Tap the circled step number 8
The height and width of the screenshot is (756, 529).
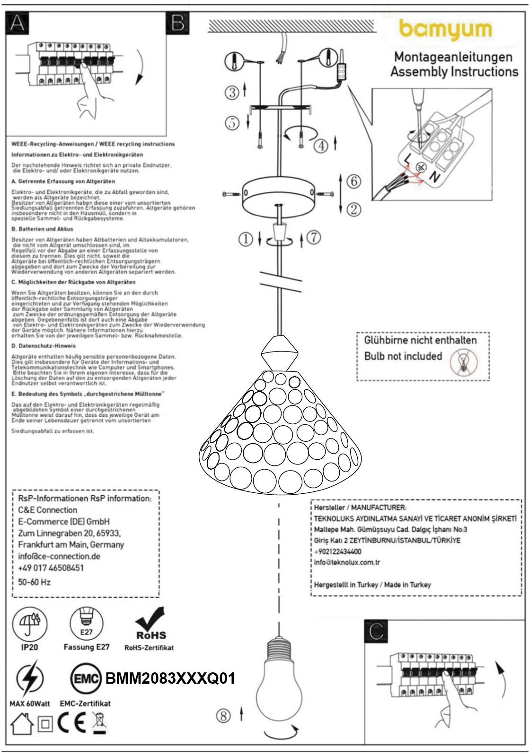pos(223,716)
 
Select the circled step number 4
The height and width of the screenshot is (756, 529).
pos(321,146)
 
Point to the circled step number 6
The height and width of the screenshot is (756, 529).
pos(353,181)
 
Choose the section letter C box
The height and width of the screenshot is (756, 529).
pos(376,630)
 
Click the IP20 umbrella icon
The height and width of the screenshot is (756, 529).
pos(29,623)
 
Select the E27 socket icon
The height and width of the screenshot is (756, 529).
pos(87,623)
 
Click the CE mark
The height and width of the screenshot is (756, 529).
pos(71,723)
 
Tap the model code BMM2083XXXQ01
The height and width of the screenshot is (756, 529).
pos(170,679)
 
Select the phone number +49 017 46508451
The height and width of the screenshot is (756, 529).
pos(51,567)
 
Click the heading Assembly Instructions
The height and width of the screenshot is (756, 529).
pos(454,72)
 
